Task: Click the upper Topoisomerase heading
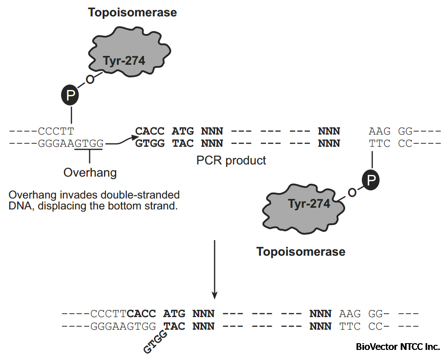(x=132, y=13)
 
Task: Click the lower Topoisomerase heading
(x=301, y=251)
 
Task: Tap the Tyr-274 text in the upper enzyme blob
(x=124, y=61)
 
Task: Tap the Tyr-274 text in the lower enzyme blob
(x=309, y=204)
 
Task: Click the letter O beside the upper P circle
(x=89, y=79)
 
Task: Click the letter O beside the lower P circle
(x=352, y=193)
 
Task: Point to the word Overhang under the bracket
(x=90, y=172)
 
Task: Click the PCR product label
(x=231, y=160)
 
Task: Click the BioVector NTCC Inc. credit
(x=398, y=347)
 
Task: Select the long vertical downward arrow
(x=215, y=269)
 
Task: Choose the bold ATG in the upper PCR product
(x=183, y=131)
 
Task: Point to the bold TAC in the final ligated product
(x=174, y=326)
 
